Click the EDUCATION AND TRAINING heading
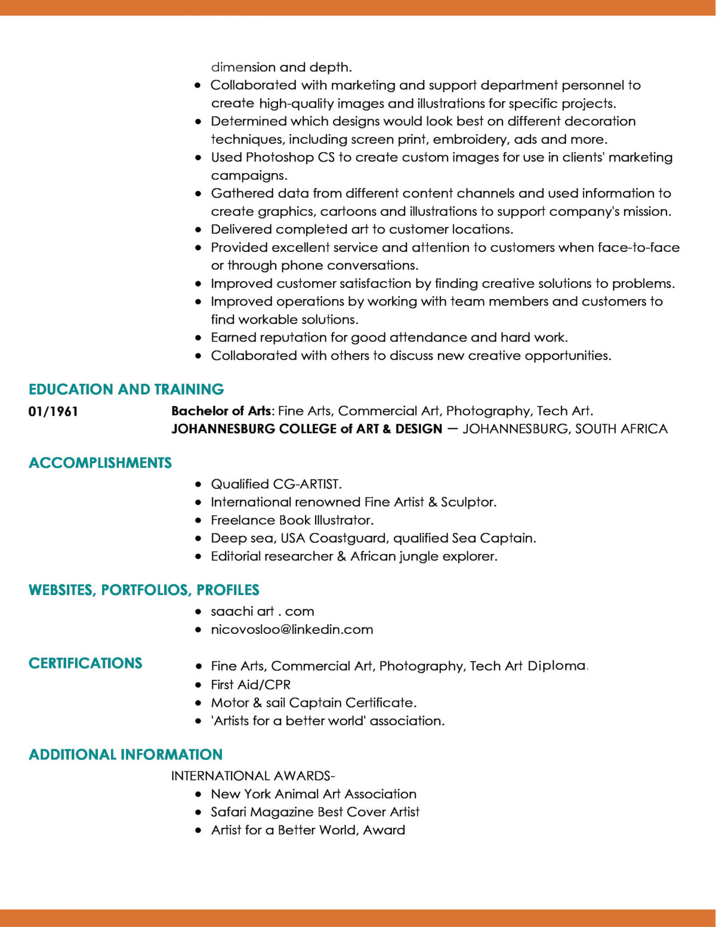pos(126,389)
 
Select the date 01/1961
pos(53,411)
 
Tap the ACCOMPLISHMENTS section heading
pos(100,463)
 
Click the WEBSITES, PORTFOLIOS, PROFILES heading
pos(144,590)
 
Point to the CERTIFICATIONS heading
pos(85,663)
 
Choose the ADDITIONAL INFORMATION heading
pos(125,754)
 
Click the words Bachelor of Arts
pos(221,411)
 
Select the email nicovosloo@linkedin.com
pos(292,629)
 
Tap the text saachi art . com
pos(262,611)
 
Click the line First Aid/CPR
pos(251,685)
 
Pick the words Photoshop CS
pos(290,157)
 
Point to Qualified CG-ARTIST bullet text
pos(276,484)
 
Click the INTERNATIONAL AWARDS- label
pos(253,776)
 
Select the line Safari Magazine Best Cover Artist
pos(315,812)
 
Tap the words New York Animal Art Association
pos(313,794)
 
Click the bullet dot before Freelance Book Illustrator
pos(199,521)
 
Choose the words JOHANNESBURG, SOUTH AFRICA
pos(565,429)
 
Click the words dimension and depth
pos(281,67)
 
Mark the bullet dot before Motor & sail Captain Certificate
pos(199,703)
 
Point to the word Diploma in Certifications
pos(557,666)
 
